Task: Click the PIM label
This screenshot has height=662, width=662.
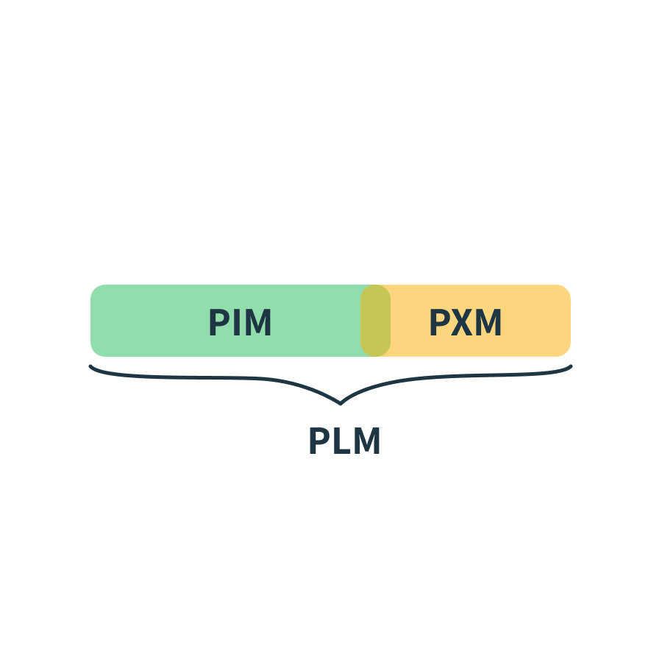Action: [240, 322]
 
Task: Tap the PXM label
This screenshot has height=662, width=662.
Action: [466, 322]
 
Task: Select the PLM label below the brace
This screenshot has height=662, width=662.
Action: [344, 441]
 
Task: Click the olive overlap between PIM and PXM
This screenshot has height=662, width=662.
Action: [375, 321]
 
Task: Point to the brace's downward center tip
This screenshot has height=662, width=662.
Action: [341, 404]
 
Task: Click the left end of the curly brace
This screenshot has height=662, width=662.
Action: [90, 366]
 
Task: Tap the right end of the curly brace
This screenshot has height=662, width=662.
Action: [571, 366]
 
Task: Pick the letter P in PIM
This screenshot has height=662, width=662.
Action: [218, 322]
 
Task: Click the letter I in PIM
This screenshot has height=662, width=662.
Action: [236, 322]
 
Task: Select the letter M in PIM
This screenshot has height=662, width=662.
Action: [258, 322]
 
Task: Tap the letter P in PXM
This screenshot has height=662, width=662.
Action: [439, 322]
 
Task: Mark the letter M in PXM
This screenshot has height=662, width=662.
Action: [488, 322]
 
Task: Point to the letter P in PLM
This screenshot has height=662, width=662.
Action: [318, 441]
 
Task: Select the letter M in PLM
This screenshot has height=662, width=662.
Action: [367, 441]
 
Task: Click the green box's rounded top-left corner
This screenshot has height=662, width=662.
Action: [95, 289]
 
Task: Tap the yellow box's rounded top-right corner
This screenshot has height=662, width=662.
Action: [566, 289]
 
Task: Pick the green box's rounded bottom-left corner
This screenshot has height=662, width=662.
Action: [95, 352]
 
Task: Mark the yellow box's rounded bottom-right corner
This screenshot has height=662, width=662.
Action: [566, 352]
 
